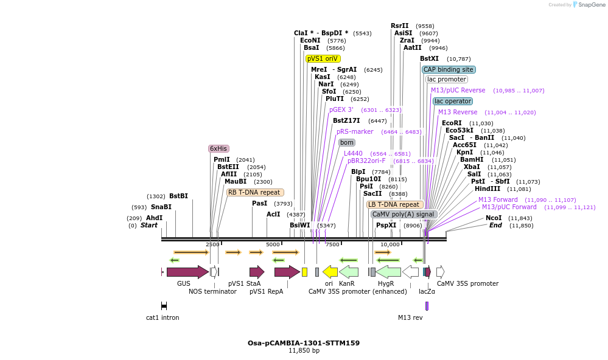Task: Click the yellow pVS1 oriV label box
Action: pyautogui.click(x=323, y=58)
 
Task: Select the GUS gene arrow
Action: pyautogui.click(x=187, y=272)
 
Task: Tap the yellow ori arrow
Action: pyautogui.click(x=330, y=272)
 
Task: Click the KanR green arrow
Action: pyautogui.click(x=348, y=272)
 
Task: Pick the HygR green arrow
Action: pyautogui.click(x=388, y=272)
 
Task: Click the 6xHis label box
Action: pyautogui.click(x=218, y=148)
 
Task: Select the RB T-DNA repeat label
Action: pyautogui.click(x=254, y=192)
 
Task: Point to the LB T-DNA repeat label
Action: pyautogui.click(x=394, y=204)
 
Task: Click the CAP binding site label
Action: pyautogui.click(x=449, y=69)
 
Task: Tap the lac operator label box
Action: pyautogui.click(x=452, y=101)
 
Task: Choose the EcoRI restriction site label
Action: pyautogui.click(x=452, y=123)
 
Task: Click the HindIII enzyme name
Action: pyautogui.click(x=487, y=189)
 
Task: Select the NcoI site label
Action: pyautogui.click(x=494, y=218)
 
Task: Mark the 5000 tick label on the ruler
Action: pyautogui.click(x=272, y=244)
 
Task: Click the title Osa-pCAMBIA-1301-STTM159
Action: pyautogui.click(x=303, y=343)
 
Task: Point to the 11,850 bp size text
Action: pyautogui.click(x=304, y=351)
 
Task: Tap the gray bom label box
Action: pyautogui.click(x=347, y=142)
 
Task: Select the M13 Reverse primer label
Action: pyautogui.click(x=458, y=112)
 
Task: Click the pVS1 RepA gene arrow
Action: pyautogui.click(x=287, y=272)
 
